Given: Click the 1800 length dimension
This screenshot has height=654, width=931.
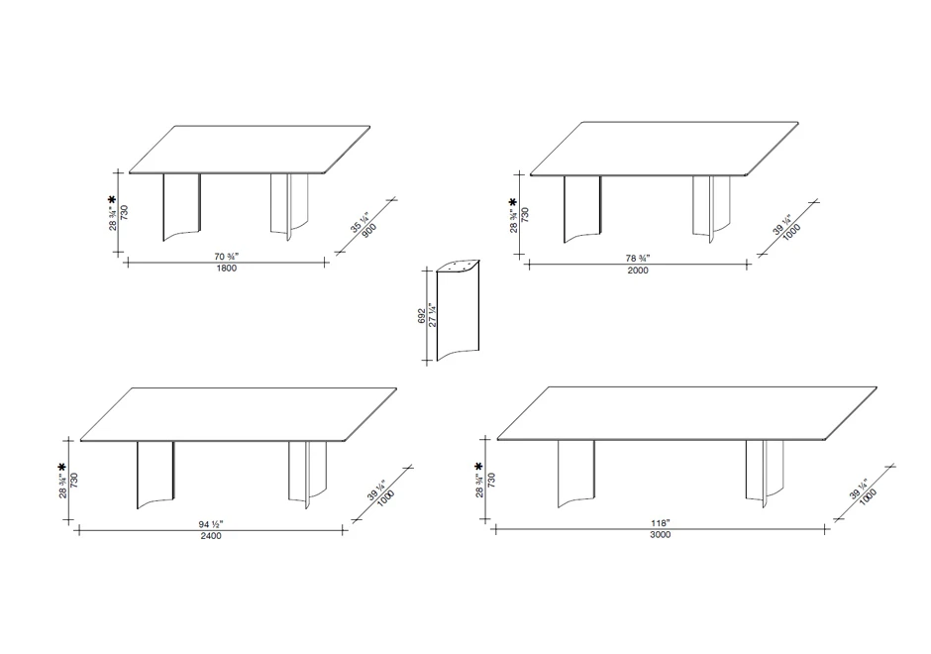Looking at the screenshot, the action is [x=226, y=268].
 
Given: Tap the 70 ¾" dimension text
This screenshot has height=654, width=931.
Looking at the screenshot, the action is [x=226, y=257].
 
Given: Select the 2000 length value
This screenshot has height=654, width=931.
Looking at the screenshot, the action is [x=638, y=271].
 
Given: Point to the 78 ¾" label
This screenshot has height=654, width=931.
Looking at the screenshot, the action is [x=638, y=259].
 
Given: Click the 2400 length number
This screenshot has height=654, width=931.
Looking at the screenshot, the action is [x=211, y=536].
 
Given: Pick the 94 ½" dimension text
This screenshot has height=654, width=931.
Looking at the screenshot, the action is [x=211, y=524].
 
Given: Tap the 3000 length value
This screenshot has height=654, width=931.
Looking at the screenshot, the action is [x=660, y=535].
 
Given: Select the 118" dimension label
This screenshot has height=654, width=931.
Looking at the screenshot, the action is [x=660, y=523].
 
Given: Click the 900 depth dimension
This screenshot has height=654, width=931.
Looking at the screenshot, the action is [x=368, y=231].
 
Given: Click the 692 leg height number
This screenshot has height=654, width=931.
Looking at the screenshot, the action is [x=422, y=316].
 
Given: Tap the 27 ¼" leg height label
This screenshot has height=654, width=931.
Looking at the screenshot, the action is [x=433, y=316].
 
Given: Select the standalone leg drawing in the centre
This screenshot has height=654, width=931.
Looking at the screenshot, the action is [x=458, y=310].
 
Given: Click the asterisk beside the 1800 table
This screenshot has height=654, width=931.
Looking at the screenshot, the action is [x=112, y=201].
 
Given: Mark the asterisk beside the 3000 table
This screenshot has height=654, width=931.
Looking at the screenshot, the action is [x=479, y=467].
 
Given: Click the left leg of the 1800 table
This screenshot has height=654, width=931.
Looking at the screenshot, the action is [x=181, y=207].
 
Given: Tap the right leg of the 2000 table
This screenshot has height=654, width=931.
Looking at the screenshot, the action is [x=712, y=209].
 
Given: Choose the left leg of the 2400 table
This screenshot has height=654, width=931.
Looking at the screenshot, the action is [x=155, y=475].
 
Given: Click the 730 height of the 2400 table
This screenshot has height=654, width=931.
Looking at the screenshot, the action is [x=74, y=481].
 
